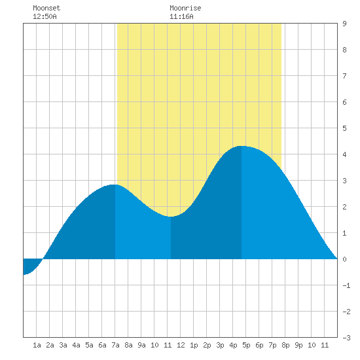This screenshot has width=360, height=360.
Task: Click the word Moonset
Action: [46, 8]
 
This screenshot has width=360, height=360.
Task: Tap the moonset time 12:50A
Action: [45, 16]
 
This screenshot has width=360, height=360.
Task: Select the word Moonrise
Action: [185, 8]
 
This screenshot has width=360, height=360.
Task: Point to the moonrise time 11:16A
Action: [181, 16]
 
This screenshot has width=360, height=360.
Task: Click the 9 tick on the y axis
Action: [344, 24]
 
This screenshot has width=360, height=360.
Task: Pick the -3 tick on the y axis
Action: [346, 338]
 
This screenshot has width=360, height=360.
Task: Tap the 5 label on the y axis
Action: [344, 128]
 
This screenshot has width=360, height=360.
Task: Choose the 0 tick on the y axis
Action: [344, 259]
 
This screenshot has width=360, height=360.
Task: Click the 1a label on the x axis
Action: [37, 345]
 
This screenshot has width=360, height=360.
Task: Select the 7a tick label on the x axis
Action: [115, 345]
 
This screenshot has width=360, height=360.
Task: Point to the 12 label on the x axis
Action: [181, 345]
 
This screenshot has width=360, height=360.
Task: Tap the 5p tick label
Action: [246, 345]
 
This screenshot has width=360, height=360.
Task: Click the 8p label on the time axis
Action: [285, 345]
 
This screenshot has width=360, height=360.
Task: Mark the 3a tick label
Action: [63, 345]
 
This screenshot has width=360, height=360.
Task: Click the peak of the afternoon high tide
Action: [242, 146]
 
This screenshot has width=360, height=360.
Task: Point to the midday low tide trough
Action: [171, 217]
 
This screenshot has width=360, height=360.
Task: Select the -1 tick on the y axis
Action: [346, 285]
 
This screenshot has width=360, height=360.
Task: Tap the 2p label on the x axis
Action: [207, 345]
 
